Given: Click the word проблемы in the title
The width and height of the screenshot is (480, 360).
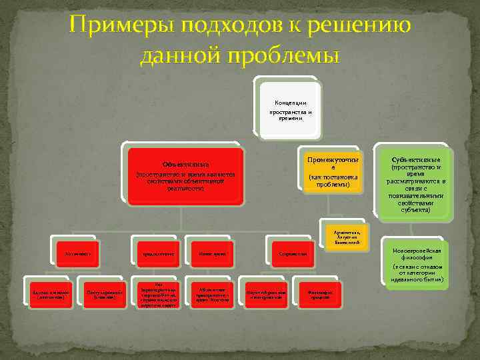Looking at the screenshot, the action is [287, 55].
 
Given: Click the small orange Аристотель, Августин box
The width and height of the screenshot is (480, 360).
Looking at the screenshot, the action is [346, 234].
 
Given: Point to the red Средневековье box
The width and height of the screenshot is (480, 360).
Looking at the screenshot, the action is [157, 253].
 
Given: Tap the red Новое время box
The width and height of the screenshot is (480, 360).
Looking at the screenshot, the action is [209, 253].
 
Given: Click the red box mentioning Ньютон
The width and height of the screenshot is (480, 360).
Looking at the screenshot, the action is [209, 294].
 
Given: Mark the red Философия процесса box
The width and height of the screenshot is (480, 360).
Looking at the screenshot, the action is [317, 294].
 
